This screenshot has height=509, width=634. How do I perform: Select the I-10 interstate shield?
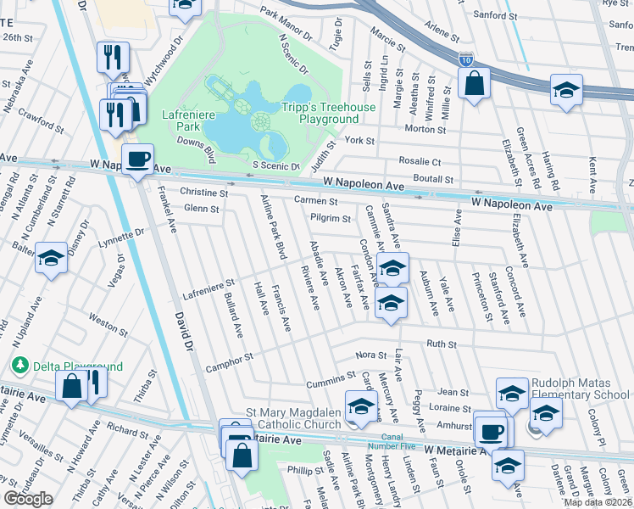[x=466, y=59]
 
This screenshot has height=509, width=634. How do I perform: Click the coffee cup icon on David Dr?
[x=137, y=159]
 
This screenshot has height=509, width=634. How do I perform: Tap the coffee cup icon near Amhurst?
[x=489, y=430]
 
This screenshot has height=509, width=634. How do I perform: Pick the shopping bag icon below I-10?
[x=473, y=83]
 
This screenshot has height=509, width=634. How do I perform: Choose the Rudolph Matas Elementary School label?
[x=581, y=389]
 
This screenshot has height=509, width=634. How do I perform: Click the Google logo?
[x=28, y=499]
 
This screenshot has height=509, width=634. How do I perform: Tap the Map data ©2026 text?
[x=598, y=502]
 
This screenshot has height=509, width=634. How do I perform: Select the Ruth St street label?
[x=441, y=344]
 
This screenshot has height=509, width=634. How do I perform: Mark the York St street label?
[x=359, y=140]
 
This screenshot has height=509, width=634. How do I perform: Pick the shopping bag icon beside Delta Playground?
[x=72, y=385]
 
